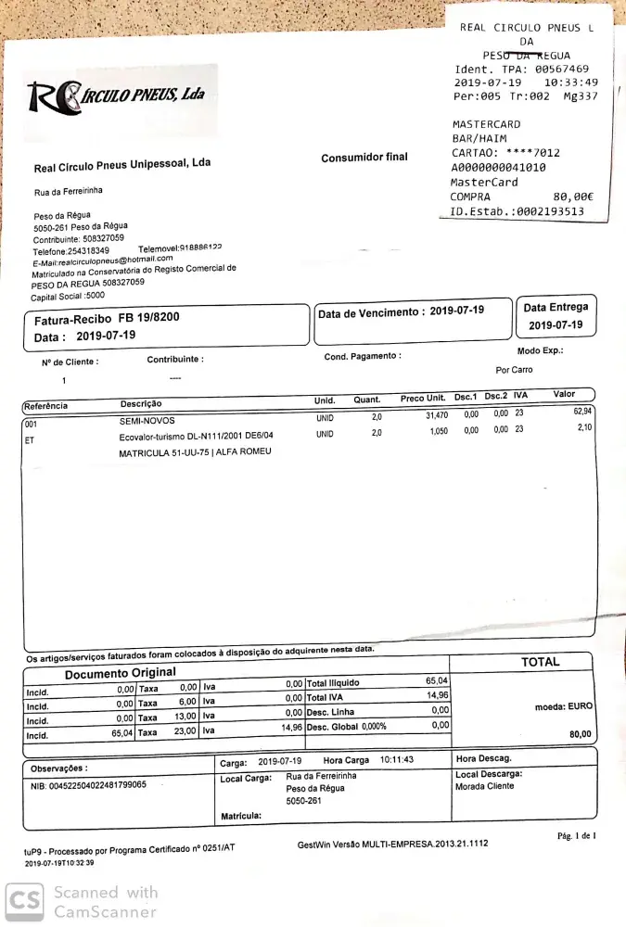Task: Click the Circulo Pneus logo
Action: (x=117, y=95)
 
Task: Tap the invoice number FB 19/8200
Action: (x=147, y=317)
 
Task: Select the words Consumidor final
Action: (x=364, y=158)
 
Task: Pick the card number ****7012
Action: (x=532, y=153)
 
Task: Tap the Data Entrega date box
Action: (x=556, y=317)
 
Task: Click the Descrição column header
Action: (x=141, y=404)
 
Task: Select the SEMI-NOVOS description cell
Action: (x=147, y=420)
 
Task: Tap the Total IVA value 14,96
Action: (x=437, y=695)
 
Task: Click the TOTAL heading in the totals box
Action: (x=541, y=662)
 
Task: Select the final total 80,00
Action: (x=581, y=734)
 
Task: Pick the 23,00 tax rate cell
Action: (x=185, y=730)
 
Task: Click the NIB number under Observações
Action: (x=88, y=785)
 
